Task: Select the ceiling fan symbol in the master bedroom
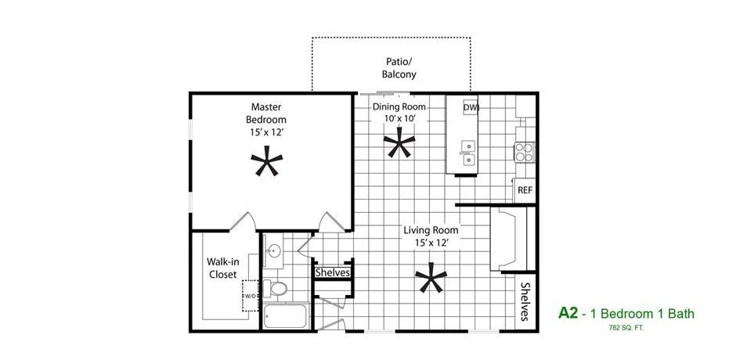point(266,164)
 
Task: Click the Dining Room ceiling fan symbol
point(399,145)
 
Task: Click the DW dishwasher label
point(471,107)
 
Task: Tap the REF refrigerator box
point(525,190)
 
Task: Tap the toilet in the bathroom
point(273,289)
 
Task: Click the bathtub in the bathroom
point(287,317)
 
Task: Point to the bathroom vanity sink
point(273,252)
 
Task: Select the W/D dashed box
point(251,297)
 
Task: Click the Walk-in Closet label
point(222,268)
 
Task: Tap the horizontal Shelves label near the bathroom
point(332,273)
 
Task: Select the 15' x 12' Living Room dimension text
point(431,243)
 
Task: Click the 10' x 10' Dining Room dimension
point(399,119)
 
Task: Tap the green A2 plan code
point(568,313)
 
